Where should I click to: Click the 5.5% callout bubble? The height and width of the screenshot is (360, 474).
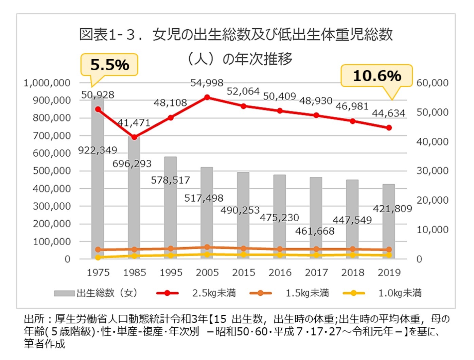109,65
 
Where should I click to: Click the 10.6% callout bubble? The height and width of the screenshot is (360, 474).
376,75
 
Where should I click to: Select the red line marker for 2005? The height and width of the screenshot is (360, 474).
207,98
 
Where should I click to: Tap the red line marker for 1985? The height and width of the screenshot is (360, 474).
134,137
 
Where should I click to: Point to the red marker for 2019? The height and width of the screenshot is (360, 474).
389,128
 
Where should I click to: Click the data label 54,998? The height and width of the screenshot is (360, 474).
207,83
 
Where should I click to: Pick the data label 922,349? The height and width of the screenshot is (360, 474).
98,150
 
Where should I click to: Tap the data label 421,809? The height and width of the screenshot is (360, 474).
392,208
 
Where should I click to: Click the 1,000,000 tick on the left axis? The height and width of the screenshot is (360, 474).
47,83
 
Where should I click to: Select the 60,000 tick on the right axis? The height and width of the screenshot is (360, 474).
432,83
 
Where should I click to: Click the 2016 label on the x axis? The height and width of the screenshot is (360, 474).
280,273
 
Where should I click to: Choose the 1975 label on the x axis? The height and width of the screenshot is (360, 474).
98,273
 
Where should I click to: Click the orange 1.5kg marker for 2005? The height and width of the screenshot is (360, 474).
207,247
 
